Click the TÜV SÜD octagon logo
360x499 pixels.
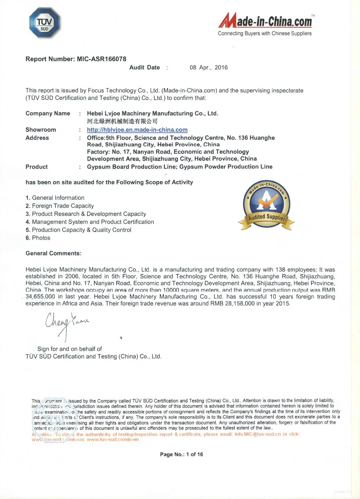click(44, 23)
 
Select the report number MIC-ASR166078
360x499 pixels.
click(102, 59)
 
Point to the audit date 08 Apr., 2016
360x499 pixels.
click(208, 67)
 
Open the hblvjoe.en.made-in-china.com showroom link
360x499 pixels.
click(137, 130)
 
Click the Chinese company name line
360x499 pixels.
click(122, 121)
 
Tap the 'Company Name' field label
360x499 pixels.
click(48, 113)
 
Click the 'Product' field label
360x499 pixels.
click(36, 167)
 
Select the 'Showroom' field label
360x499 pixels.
click(41, 130)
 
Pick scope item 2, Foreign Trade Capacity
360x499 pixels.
click(60, 206)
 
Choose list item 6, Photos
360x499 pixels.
click(38, 238)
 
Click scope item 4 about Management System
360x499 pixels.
click(90, 222)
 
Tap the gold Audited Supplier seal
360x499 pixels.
click(266, 204)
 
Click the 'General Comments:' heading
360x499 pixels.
click(53, 253)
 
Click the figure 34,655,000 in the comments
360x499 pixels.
click(40, 297)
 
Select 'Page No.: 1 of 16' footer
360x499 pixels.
click(181, 454)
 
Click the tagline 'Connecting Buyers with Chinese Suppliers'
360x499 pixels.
click(265, 33)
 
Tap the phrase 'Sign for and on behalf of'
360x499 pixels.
click(69, 349)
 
